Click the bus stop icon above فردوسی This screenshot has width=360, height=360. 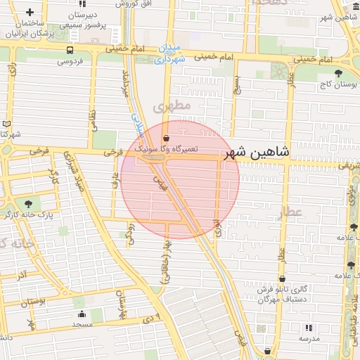tap(69, 50)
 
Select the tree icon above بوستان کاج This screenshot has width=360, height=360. tap(339, 72)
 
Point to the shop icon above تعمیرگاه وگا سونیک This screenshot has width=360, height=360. tap(166, 138)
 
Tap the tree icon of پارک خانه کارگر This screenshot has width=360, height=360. tap(28, 202)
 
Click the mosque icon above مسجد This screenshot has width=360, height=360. tap(82, 314)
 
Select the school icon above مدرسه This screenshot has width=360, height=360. tap(309, 328)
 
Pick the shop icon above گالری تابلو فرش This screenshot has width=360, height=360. tap(282, 278)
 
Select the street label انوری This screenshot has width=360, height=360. tap(218, 225)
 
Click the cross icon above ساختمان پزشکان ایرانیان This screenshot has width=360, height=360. tap(30, 13)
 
